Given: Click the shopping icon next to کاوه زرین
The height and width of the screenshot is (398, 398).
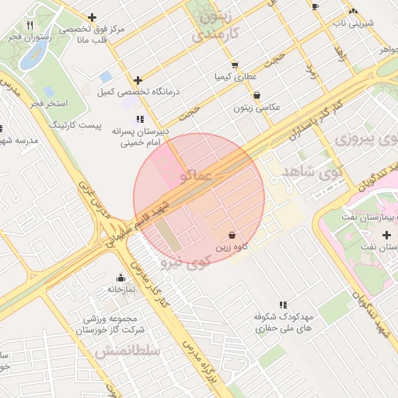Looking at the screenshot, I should click(x=232, y=234).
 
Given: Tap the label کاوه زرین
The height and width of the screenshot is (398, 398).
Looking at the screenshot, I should click(x=232, y=247).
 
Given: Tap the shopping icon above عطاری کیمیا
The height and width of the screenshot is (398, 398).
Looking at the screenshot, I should click(x=235, y=65).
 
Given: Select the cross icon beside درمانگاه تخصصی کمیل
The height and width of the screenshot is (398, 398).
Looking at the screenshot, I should click(x=138, y=80).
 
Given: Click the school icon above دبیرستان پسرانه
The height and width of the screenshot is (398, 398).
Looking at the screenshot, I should click(x=140, y=119).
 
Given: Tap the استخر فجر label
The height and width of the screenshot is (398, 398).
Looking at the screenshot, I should click(x=50, y=103).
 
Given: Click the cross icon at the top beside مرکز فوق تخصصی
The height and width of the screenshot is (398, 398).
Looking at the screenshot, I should click(x=93, y=17).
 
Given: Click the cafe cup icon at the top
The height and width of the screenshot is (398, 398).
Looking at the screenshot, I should click(x=315, y=6).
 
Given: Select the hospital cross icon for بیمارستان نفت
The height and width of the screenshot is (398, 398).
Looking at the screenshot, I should click(x=386, y=235).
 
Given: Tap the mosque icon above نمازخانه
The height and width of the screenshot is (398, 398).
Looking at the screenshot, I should click(x=120, y=278).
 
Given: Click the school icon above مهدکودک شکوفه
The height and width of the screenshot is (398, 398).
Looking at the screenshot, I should click(x=283, y=305).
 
